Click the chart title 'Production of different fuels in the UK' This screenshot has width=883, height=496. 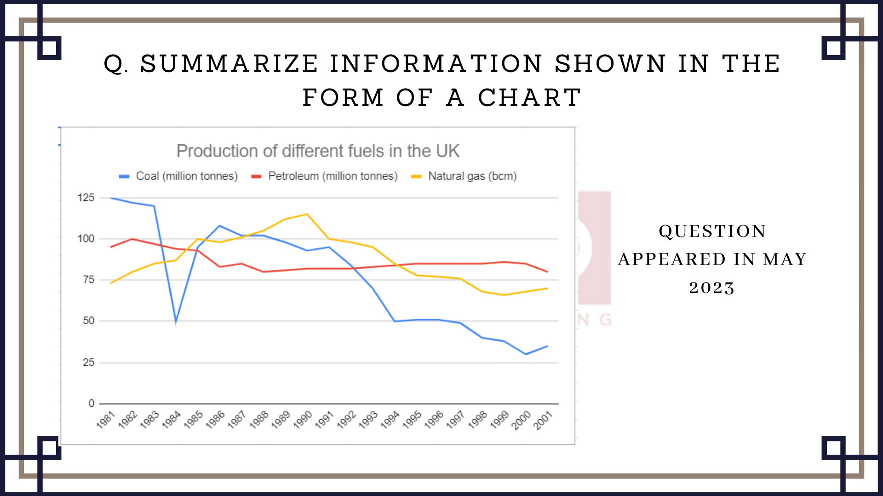pyautogui.click(x=318, y=151)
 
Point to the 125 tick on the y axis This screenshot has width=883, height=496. pyautogui.click(x=86, y=198)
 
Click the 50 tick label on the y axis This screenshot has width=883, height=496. pyautogui.click(x=88, y=321)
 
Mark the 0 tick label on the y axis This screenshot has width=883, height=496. pyautogui.click(x=92, y=404)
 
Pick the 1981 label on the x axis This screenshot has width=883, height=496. pyautogui.click(x=105, y=420)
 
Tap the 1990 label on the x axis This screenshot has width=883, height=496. pyautogui.click(x=302, y=420)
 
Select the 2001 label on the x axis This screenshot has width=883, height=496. pyautogui.click(x=543, y=420)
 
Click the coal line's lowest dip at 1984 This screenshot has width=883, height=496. pyautogui.click(x=176, y=321)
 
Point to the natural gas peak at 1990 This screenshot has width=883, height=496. pyautogui.click(x=307, y=214)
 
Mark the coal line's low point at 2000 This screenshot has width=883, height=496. pyautogui.click(x=526, y=354)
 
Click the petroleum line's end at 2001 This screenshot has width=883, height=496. pyautogui.click(x=547, y=272)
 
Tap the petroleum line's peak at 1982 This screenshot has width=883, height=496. pyautogui.click(x=132, y=239)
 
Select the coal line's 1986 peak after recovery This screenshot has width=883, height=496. pyautogui.click(x=220, y=225)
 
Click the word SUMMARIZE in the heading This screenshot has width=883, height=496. pyautogui.click(x=229, y=63)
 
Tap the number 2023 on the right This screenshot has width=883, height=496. pyautogui.click(x=712, y=288)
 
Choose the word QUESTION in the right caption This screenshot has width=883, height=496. pyautogui.click(x=712, y=231)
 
